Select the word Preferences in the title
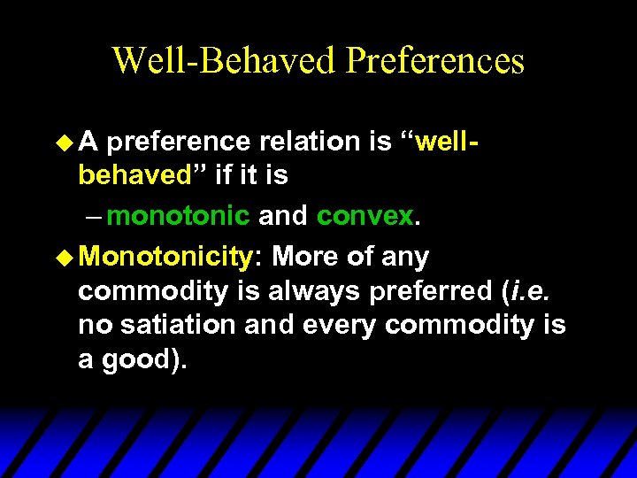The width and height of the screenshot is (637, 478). [435, 61]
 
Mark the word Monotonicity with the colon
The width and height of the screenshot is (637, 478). [170, 258]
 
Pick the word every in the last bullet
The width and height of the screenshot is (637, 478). [335, 325]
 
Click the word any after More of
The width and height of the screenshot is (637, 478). [405, 258]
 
